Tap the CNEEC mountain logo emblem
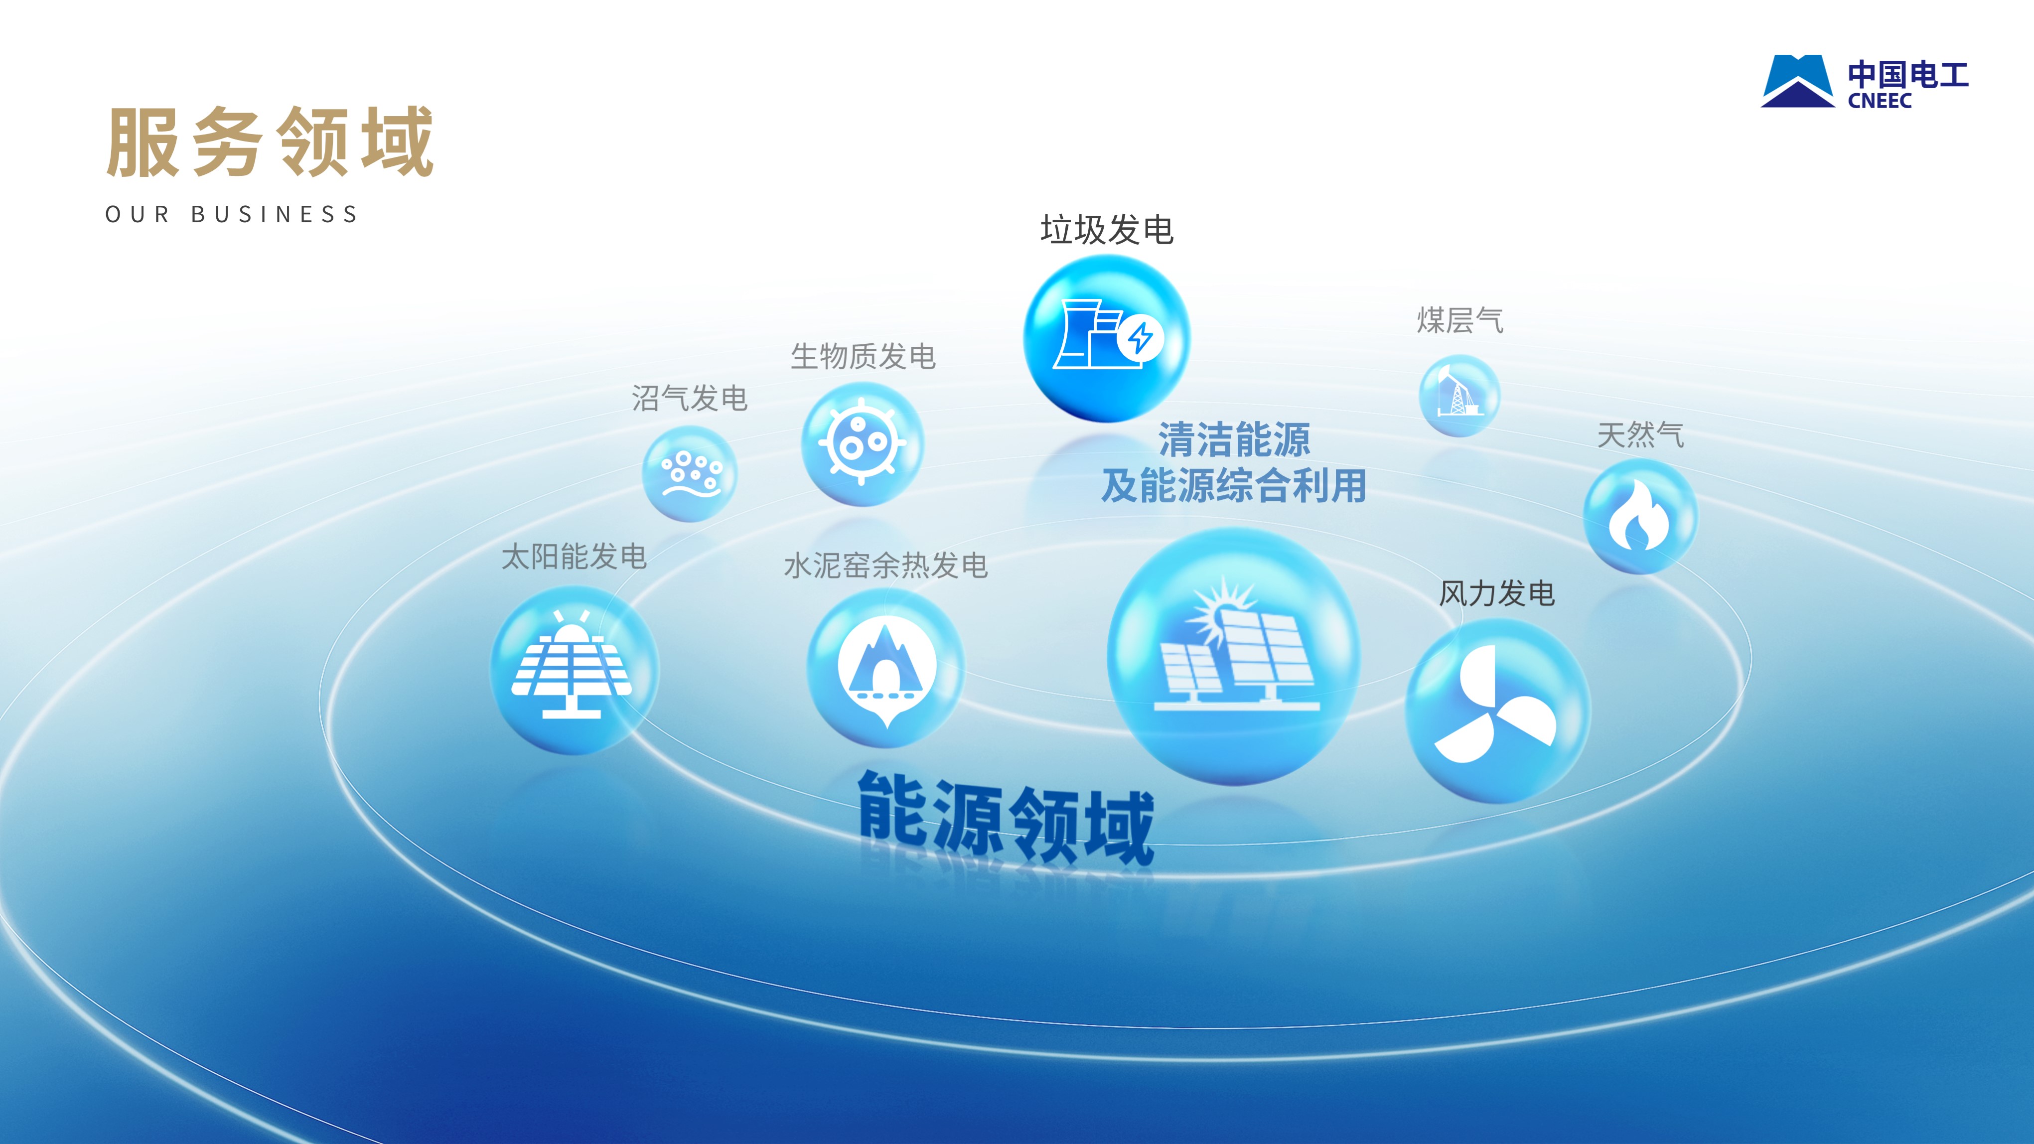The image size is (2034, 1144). (1798, 81)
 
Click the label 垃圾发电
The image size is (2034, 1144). (1107, 230)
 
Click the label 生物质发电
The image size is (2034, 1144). (863, 356)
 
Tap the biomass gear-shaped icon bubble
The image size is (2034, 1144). (862, 444)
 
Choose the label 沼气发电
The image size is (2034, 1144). (689, 398)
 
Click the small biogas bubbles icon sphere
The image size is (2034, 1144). (689, 474)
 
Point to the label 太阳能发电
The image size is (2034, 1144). (574, 557)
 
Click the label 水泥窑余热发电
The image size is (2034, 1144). (886, 566)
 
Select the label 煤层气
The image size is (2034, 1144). (1460, 320)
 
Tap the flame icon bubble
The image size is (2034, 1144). (1640, 516)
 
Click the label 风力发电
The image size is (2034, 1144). (1497, 594)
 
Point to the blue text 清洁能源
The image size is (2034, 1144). (1234, 440)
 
